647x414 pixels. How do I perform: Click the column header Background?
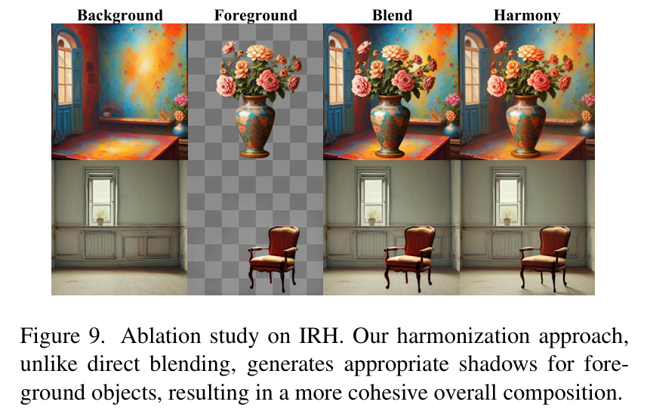tap(120, 15)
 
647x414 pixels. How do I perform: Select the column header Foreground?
tap(255, 15)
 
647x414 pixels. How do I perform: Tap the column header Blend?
tap(392, 15)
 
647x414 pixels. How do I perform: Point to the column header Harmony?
tap(527, 16)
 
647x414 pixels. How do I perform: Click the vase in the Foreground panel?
tap(255, 126)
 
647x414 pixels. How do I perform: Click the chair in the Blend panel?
tap(410, 258)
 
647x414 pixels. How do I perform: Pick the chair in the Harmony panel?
tap(545, 258)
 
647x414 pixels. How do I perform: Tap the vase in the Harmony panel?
tap(525, 126)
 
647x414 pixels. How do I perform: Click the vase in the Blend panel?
tap(390, 126)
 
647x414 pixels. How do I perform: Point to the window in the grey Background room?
tap(101, 197)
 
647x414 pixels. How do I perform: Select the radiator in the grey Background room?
tap(100, 244)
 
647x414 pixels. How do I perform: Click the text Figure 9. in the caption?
tap(61, 336)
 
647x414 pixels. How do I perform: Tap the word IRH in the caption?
tap(321, 336)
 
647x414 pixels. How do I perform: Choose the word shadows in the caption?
tap(498, 364)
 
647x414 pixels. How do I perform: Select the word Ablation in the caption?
tap(161, 336)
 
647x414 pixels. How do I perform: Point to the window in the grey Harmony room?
tap(508, 197)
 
